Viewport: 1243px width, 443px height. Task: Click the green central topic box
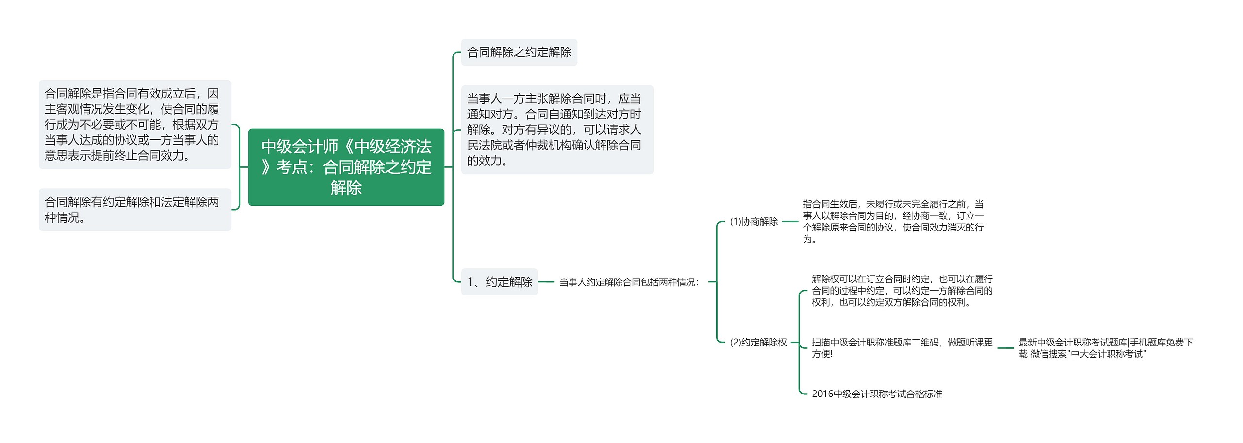point(346,167)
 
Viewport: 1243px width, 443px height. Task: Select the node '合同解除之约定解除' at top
point(519,52)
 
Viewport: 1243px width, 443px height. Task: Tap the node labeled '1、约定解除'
point(499,282)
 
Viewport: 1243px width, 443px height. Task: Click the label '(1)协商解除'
point(754,222)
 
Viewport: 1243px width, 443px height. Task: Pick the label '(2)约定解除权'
point(758,343)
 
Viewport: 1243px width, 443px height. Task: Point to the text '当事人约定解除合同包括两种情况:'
point(629,282)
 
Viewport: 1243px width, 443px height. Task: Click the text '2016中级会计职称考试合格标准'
point(876,394)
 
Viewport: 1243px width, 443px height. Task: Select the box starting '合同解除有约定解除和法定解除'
point(134,210)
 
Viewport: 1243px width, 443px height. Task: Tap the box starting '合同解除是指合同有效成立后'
point(134,125)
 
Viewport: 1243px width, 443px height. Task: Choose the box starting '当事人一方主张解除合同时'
point(556,130)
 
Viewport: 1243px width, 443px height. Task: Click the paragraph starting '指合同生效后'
point(893,222)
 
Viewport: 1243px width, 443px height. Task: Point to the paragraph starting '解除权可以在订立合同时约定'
point(902,291)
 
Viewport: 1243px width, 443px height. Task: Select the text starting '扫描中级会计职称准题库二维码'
point(902,348)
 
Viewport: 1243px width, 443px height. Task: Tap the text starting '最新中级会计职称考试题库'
point(1105,348)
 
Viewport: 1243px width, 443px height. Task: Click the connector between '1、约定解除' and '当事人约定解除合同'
point(546,282)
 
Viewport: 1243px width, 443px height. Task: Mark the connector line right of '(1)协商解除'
point(790,222)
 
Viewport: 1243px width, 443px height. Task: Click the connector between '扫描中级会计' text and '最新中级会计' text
point(1006,348)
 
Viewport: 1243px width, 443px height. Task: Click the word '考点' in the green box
point(291,167)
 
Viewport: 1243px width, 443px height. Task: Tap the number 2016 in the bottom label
point(822,394)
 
